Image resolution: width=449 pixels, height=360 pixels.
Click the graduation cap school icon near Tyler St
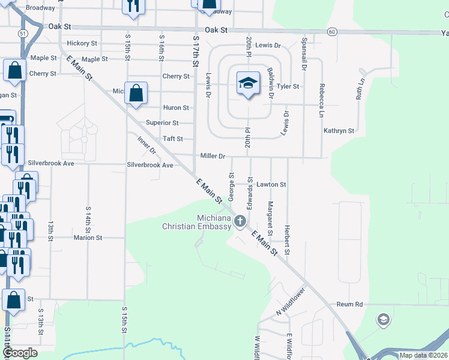[247, 83]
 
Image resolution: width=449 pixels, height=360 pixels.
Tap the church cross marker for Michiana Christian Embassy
[240, 221]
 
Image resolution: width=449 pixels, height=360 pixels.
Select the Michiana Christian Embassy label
[197, 222]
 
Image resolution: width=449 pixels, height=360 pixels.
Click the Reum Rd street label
[350, 304]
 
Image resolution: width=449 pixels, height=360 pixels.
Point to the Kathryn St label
[339, 130]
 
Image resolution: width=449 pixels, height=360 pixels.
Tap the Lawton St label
[271, 185]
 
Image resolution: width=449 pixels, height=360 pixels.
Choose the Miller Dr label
[212, 156]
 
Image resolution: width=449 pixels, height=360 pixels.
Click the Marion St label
[88, 238]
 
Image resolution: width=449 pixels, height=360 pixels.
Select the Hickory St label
[82, 44]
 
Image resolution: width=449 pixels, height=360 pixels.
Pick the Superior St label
[163, 123]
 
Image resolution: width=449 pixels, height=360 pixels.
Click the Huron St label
[176, 108]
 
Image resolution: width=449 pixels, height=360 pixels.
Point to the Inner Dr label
[146, 144]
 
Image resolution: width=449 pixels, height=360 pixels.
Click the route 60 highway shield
[332, 31]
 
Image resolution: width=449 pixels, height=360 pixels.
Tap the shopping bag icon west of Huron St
[136, 94]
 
